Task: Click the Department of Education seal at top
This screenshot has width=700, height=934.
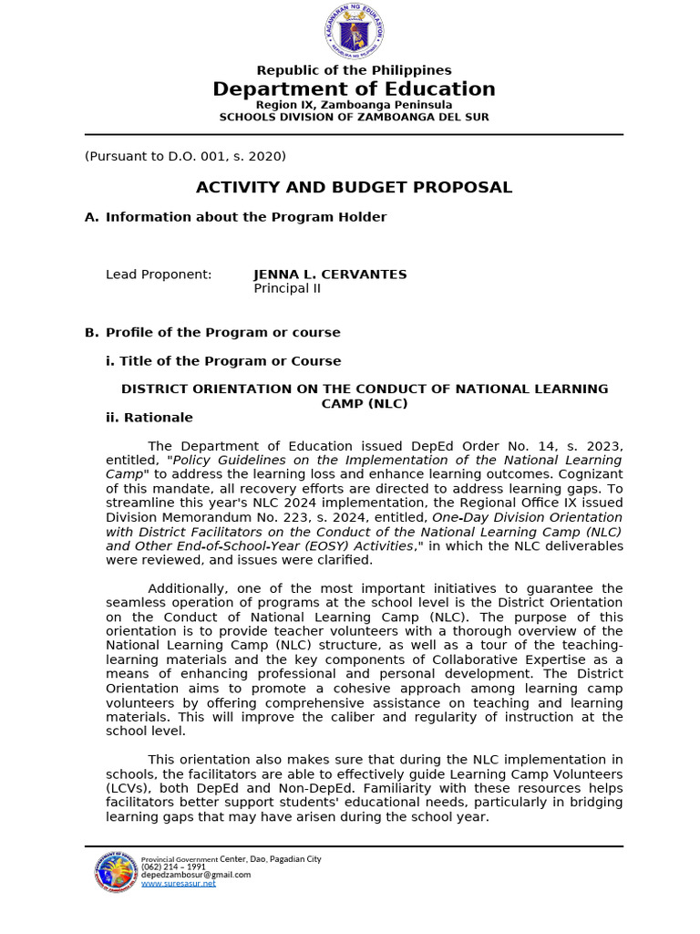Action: pyautogui.click(x=354, y=30)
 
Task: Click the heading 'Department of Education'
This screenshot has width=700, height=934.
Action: pyautogui.click(x=354, y=88)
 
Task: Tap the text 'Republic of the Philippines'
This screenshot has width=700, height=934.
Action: pyautogui.click(x=354, y=70)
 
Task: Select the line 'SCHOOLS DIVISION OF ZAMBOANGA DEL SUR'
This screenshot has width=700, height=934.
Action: pyautogui.click(x=354, y=117)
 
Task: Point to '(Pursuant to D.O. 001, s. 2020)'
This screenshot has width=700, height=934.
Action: pyautogui.click(x=185, y=156)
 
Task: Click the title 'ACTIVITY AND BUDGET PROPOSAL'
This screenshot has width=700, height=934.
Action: pyautogui.click(x=354, y=187)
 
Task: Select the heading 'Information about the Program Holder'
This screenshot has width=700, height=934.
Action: pyautogui.click(x=246, y=217)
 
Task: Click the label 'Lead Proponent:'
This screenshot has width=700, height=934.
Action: pyautogui.click(x=159, y=275)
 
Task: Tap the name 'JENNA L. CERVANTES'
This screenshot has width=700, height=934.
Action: pyautogui.click(x=330, y=275)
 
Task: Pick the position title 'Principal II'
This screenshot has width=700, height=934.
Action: pyautogui.click(x=287, y=289)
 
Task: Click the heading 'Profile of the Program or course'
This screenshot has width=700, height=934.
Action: pyautogui.click(x=222, y=333)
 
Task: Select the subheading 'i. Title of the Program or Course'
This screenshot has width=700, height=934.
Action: pyautogui.click(x=223, y=361)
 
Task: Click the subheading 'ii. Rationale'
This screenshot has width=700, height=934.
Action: pyautogui.click(x=149, y=418)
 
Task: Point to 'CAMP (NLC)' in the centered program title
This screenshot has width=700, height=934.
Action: pyautogui.click(x=365, y=403)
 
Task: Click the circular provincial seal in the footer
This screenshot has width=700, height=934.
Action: pyautogui.click(x=117, y=873)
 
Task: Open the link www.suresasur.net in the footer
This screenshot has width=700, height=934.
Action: pyautogui.click(x=179, y=884)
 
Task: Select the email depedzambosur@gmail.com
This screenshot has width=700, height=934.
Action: pyautogui.click(x=196, y=875)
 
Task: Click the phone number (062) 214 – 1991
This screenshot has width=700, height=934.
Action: pyautogui.click(x=167, y=867)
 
